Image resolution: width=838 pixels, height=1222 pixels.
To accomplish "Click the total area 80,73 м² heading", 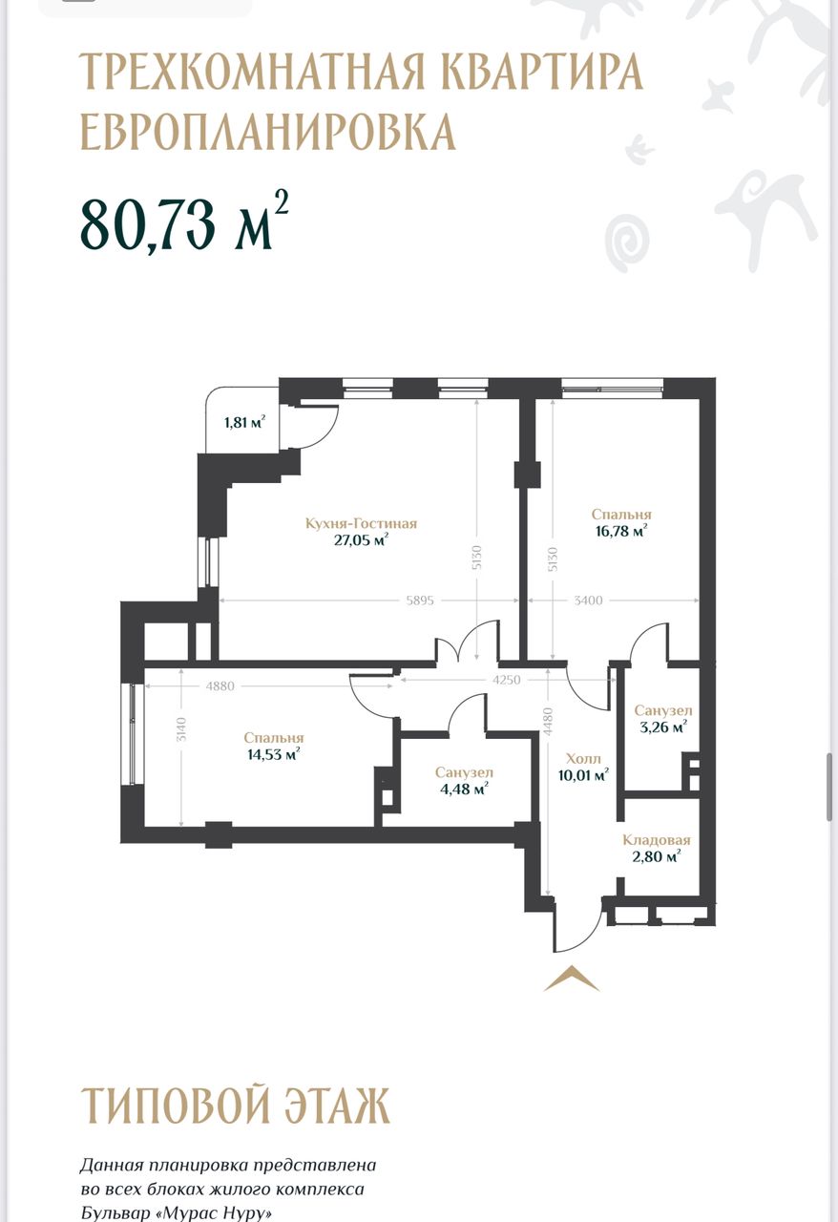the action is tap(184, 222).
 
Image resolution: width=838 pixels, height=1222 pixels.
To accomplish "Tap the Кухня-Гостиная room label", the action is tap(361, 524).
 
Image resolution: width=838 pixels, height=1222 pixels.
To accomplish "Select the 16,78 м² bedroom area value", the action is tap(621, 531).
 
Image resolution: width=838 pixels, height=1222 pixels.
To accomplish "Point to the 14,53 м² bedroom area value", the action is tap(274, 754).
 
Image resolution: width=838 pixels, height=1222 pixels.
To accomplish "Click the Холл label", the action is tap(583, 758).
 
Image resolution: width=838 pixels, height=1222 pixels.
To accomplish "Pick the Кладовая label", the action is tap(657, 840).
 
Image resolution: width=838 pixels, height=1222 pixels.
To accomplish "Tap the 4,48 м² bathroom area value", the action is tap(464, 789).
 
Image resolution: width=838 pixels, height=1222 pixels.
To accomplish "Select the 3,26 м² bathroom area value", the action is tap(663, 727).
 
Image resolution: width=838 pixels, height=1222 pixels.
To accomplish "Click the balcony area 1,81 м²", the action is tap(245, 422).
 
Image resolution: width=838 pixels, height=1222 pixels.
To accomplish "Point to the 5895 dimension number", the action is tap(420, 600).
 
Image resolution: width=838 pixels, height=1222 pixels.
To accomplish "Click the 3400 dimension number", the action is tap(589, 600).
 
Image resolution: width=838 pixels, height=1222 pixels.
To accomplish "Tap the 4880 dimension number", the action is tap(220, 685).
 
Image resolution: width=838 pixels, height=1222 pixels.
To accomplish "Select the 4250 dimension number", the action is tap(507, 681).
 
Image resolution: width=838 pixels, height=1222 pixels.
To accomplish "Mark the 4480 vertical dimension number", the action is tap(548, 723).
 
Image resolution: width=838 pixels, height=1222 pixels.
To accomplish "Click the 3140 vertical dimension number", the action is tap(181, 728).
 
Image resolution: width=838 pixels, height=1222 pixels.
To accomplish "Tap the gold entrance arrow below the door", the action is tap(572, 978).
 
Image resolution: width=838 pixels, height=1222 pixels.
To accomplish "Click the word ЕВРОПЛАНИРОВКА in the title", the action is tap(268, 132).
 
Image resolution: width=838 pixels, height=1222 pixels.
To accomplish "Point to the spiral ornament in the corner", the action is tap(627, 243).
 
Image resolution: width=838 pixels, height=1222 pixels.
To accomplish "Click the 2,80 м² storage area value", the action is tap(657, 856).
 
